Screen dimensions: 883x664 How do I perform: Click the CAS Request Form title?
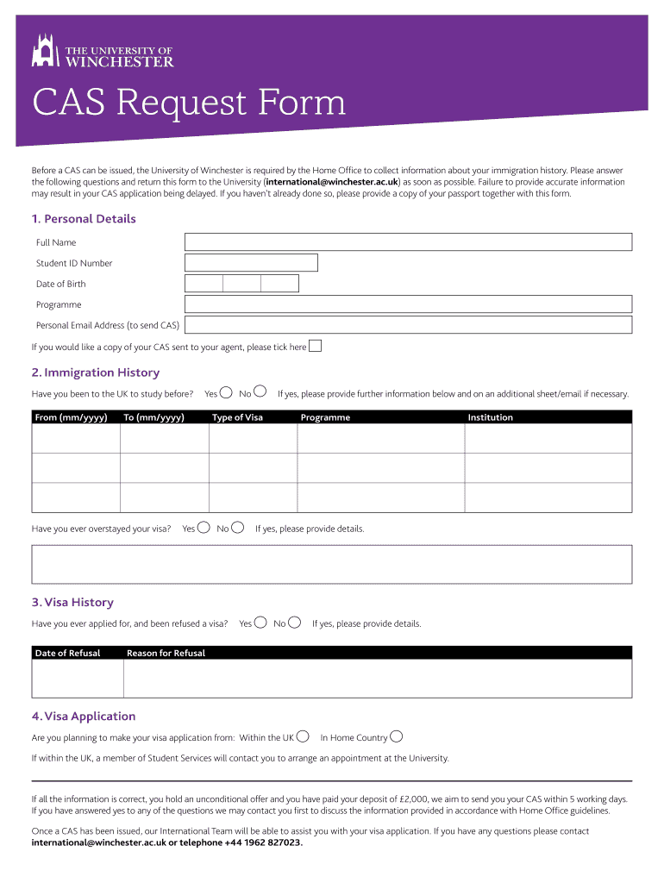(189, 104)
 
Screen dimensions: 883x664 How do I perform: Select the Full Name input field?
(408, 242)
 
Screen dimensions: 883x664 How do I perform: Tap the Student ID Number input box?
(251, 263)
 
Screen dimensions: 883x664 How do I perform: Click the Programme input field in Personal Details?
(408, 304)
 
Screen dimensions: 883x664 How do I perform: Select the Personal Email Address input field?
(408, 325)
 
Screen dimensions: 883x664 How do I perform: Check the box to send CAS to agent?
(316, 347)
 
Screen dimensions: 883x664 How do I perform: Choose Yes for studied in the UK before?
(226, 393)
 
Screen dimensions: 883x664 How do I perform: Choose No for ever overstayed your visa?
(238, 528)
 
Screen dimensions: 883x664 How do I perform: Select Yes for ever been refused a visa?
(260, 623)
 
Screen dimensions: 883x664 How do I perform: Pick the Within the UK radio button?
(303, 736)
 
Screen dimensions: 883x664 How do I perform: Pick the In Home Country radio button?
(396, 736)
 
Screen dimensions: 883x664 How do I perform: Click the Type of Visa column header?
(238, 417)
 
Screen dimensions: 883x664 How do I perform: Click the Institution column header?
(490, 417)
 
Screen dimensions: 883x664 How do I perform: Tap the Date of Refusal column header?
(68, 653)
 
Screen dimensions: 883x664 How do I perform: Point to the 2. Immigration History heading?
(96, 373)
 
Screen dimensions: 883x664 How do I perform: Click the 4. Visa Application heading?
(84, 716)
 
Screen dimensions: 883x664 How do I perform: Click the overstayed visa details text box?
(331, 564)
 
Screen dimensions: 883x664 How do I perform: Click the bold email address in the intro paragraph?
(332, 182)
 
